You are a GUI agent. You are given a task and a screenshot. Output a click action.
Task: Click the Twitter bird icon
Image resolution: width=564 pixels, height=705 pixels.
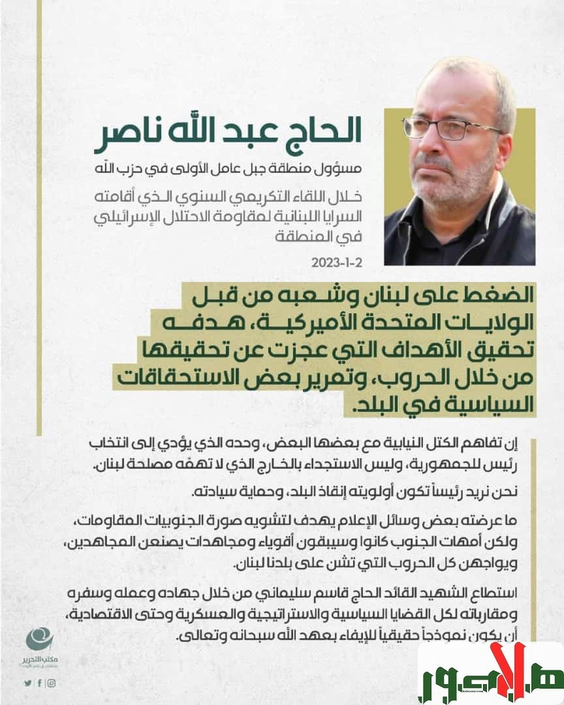(27, 683)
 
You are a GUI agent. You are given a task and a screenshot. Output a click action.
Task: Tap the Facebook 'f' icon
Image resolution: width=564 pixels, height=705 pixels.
(39, 683)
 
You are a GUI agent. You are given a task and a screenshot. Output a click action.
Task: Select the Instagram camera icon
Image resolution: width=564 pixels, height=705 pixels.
(51, 683)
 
